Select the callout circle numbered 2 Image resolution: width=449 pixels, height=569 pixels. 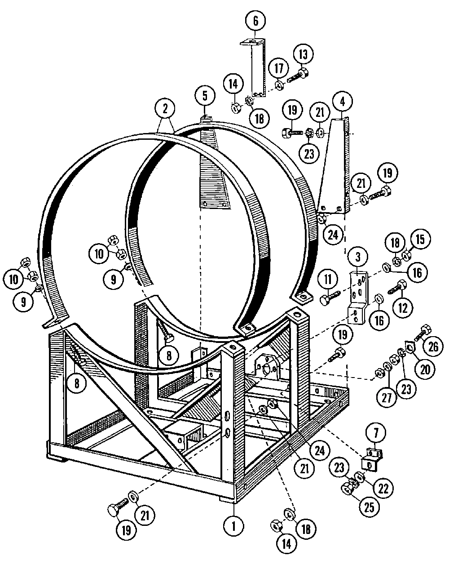point(165,109)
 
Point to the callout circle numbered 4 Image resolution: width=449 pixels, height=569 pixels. point(343,101)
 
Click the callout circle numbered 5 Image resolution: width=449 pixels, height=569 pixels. point(205,96)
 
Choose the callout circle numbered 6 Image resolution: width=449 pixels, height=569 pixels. point(256,21)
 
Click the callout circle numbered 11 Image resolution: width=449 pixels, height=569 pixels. point(328,279)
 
